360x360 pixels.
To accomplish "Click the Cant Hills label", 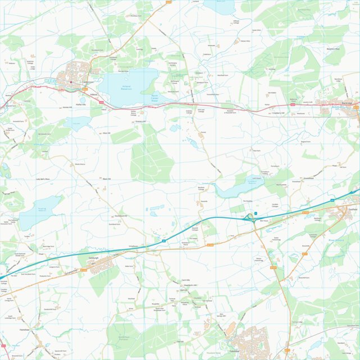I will tap(186, 280).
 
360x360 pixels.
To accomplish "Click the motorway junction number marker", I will tap(256, 213).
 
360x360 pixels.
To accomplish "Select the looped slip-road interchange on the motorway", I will tap(249, 216).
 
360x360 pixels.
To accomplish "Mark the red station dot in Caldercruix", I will tap(71, 83).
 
